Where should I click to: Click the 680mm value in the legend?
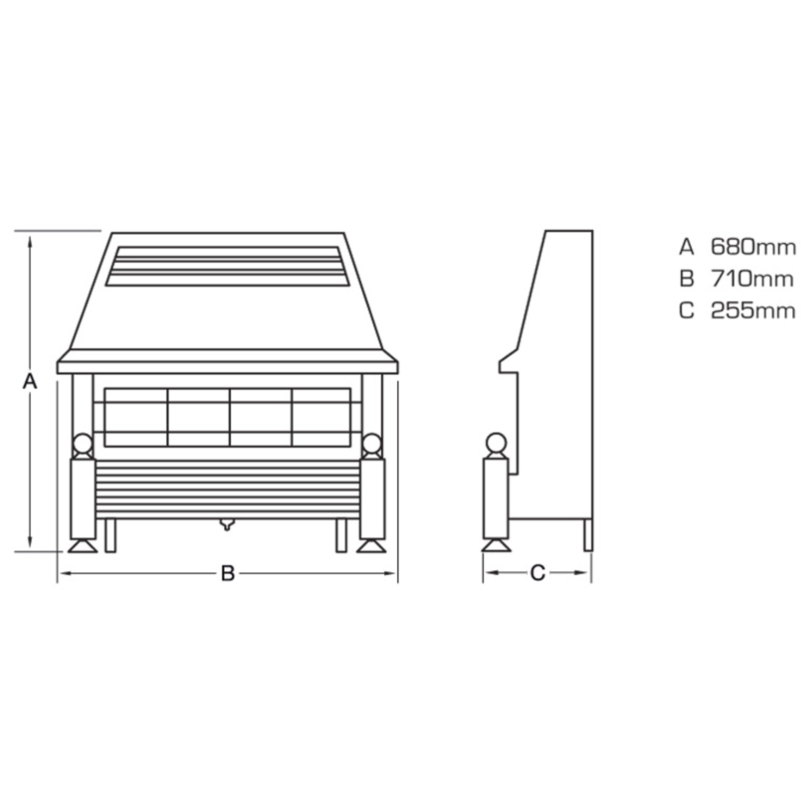(x=753, y=247)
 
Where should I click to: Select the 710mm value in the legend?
(x=752, y=279)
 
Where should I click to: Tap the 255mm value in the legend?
(x=753, y=311)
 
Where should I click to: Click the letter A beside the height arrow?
(x=30, y=382)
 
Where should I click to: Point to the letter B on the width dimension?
(x=228, y=573)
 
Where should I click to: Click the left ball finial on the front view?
(x=83, y=444)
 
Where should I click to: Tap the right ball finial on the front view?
(x=371, y=444)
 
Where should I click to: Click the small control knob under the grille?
(x=227, y=525)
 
